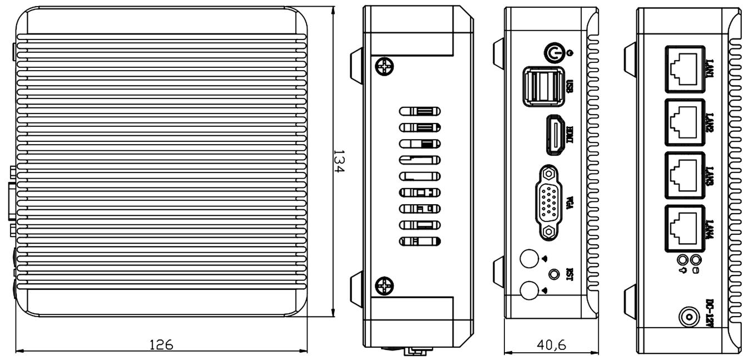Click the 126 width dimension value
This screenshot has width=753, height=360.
coord(161,344)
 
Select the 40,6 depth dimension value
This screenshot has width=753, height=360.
coord(552,346)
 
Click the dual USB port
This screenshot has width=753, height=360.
coord(541,86)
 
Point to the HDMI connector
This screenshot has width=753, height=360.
coord(554,135)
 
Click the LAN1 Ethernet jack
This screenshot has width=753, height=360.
coord(684,68)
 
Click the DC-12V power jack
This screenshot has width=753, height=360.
coord(688,318)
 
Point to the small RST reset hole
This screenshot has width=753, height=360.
coord(554,274)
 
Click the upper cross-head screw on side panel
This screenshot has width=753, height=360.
coord(384,67)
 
